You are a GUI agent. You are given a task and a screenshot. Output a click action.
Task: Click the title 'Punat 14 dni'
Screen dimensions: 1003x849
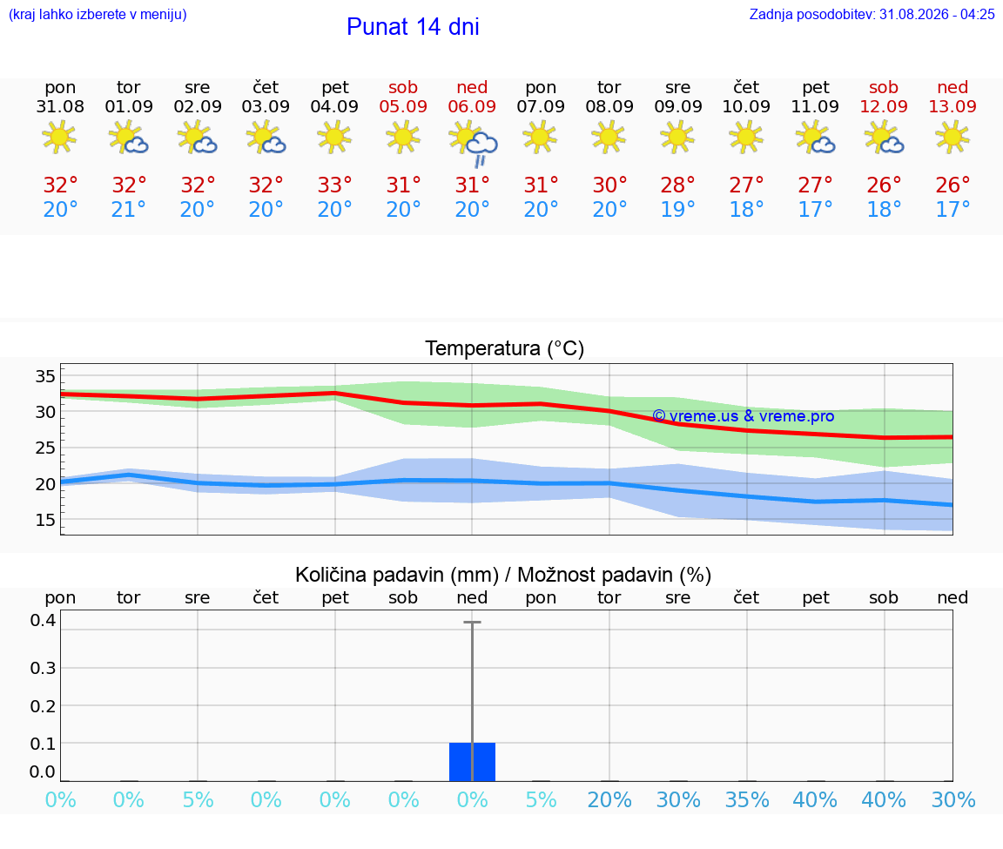(413, 27)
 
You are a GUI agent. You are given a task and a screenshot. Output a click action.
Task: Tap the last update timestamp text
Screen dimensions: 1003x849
(872, 14)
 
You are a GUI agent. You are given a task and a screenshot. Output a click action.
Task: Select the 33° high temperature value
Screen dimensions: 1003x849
(334, 185)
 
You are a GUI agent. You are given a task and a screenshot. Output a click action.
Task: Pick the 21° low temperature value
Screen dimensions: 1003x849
(128, 209)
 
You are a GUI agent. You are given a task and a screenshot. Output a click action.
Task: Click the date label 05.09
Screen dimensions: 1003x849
(403, 106)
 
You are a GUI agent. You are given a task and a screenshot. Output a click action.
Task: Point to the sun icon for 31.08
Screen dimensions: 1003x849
(59, 137)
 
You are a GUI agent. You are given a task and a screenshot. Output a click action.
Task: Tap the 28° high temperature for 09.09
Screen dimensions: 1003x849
(677, 185)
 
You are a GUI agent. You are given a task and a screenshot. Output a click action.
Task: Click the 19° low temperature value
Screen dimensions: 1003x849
(677, 209)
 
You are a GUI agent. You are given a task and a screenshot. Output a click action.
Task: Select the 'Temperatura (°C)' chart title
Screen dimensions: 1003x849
(505, 348)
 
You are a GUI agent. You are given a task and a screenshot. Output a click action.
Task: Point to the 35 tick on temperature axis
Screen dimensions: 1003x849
(44, 376)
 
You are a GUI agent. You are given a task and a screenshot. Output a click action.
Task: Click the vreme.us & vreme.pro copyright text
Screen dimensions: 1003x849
(744, 416)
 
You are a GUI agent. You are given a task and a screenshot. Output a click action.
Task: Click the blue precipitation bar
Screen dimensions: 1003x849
(472, 762)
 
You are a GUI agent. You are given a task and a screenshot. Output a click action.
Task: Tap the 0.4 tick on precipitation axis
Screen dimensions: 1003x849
(43, 620)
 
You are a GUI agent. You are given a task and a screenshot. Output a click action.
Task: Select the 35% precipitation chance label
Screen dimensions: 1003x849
(746, 800)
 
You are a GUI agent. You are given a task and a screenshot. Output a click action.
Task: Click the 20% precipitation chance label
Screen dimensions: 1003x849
(609, 800)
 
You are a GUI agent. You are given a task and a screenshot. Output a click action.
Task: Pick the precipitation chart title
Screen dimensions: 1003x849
(502, 575)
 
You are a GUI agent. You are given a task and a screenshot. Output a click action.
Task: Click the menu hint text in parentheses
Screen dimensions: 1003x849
(98, 14)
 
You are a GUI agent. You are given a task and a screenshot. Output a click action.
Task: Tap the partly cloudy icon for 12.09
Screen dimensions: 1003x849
(884, 138)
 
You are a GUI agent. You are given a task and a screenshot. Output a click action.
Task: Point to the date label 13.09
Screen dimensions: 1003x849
(953, 106)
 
